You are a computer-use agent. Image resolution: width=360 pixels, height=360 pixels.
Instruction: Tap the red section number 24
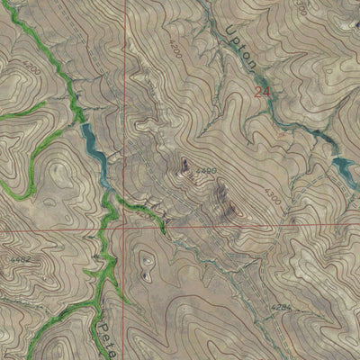262,91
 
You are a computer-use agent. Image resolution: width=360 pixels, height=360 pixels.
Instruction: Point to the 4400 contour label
206,170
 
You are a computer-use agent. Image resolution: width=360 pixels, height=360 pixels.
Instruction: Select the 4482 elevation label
21,259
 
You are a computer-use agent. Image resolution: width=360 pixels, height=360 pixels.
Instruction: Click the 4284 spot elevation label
282,307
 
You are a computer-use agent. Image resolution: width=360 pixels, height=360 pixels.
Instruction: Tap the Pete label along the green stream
108,328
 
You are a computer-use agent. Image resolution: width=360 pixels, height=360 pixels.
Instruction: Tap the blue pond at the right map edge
344,166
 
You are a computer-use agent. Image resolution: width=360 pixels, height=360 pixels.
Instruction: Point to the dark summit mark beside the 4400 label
185,164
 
